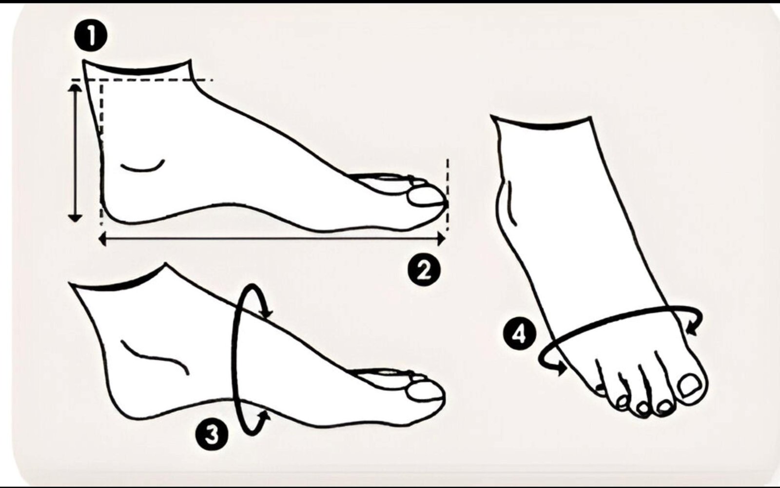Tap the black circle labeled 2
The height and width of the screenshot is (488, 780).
[424, 270]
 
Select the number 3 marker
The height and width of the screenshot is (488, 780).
[212, 434]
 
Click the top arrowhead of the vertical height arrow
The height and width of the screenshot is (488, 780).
[75, 88]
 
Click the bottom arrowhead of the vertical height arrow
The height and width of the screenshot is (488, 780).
[75, 218]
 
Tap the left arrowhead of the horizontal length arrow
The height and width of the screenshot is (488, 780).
[103, 239]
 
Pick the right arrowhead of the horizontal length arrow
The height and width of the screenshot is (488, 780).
[441, 239]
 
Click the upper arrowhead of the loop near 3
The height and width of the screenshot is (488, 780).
[267, 313]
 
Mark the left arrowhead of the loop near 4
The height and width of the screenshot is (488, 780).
[561, 369]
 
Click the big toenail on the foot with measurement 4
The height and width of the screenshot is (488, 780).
[689, 385]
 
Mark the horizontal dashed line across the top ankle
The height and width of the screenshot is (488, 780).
[142, 80]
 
